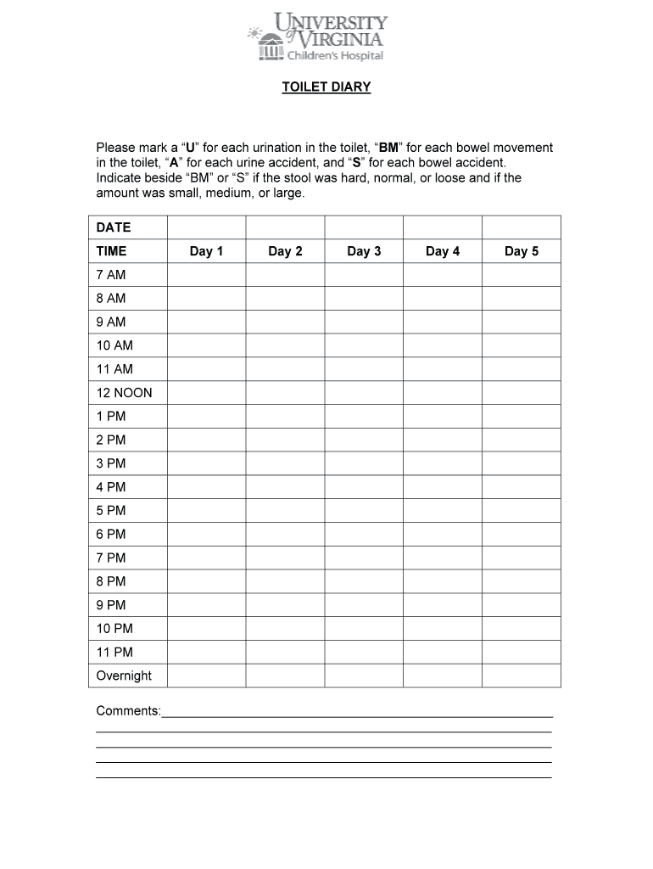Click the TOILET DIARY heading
click(326, 87)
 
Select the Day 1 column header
click(206, 251)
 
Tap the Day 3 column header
click(364, 251)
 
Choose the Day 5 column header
click(522, 251)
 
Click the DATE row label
click(114, 227)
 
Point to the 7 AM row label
click(110, 275)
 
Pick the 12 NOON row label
click(124, 393)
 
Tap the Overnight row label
click(124, 676)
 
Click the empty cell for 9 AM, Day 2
click(285, 322)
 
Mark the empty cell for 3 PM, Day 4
click(443, 463)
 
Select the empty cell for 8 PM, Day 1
click(206, 581)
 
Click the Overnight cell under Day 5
click(522, 676)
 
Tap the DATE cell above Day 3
click(364, 227)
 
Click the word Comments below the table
click(127, 710)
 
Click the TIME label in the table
click(111, 251)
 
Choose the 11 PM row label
click(114, 652)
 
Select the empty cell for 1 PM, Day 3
click(364, 416)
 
